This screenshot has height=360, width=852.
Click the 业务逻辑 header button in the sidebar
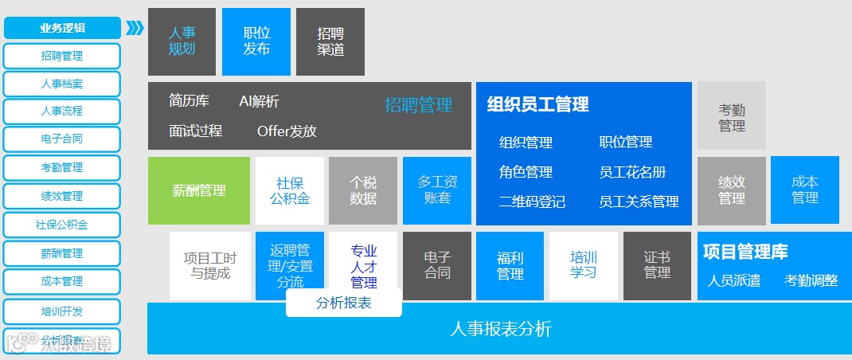(62, 28)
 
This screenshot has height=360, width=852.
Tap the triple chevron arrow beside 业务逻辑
(135, 29)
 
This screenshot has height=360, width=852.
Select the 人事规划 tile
(182, 41)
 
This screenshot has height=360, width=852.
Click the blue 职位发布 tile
(256, 41)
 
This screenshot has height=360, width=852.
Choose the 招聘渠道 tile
(330, 41)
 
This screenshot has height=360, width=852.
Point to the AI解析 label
(259, 101)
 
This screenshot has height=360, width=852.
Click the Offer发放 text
(287, 131)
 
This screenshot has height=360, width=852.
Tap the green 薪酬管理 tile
(199, 190)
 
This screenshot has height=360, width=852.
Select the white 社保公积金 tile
(289, 190)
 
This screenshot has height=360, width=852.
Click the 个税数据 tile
(362, 190)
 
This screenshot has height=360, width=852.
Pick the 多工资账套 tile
(437, 190)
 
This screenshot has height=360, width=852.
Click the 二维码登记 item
(532, 202)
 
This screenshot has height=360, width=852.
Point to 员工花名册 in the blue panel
(632, 172)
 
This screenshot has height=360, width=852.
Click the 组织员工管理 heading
(537, 104)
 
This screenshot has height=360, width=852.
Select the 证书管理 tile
(657, 266)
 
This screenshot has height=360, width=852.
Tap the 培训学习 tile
(583, 266)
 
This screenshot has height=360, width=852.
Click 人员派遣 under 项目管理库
(733, 280)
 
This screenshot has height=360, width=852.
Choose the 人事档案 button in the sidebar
(62, 84)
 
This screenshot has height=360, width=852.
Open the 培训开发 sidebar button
(62, 311)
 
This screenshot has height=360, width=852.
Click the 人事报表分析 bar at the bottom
(500, 329)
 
